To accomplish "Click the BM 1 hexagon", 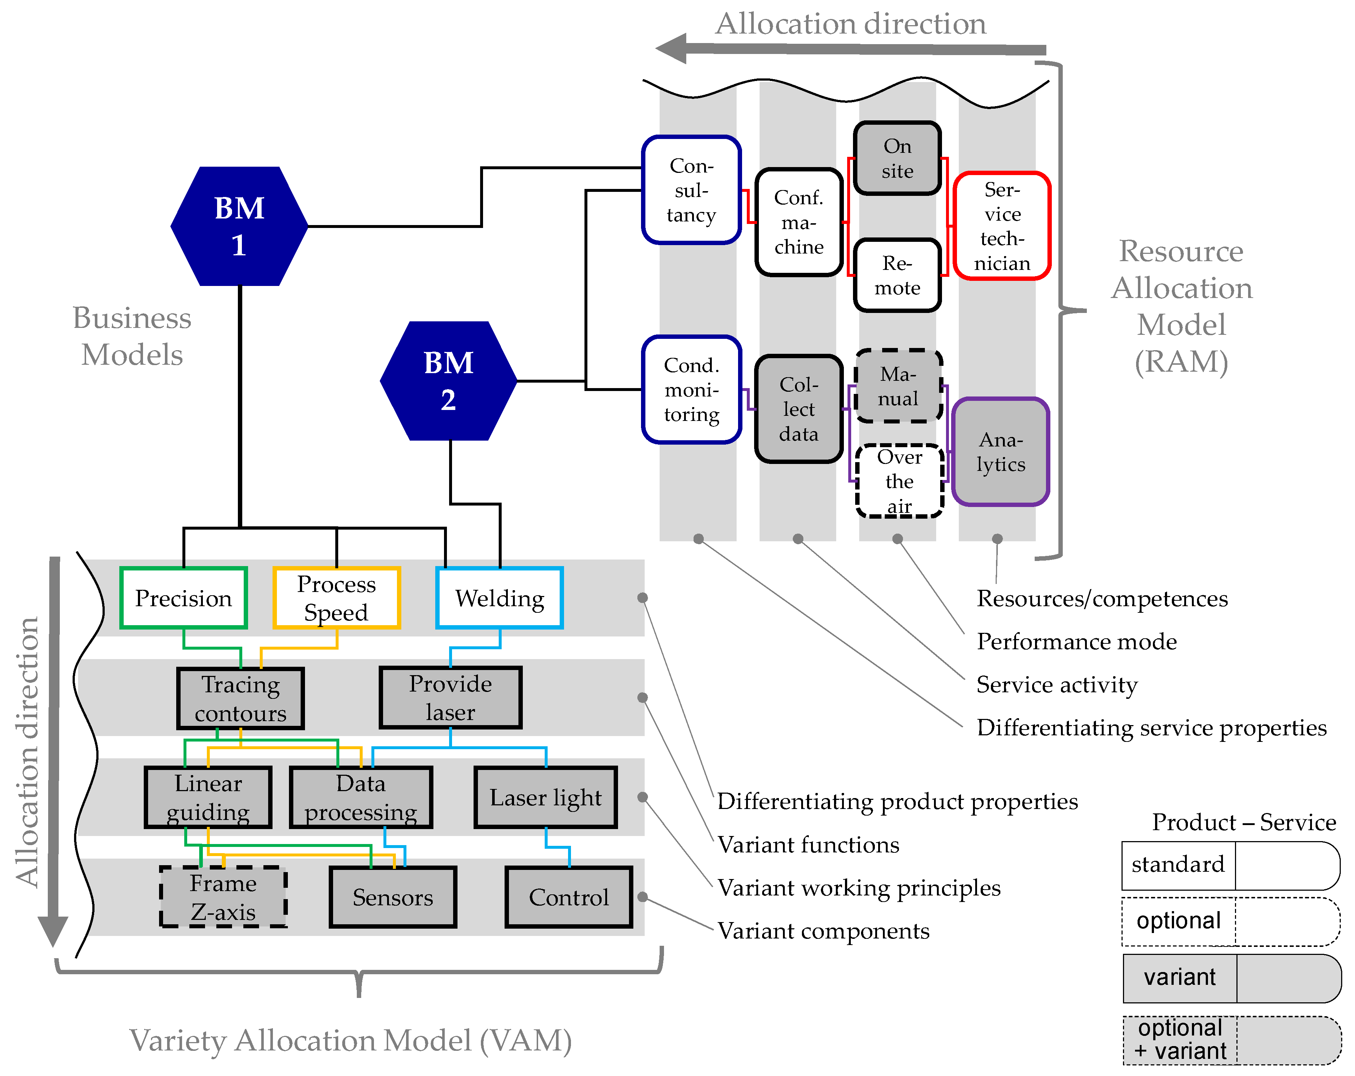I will tap(239, 226).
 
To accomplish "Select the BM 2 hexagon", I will tap(448, 381).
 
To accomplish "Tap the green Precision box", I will tap(184, 598).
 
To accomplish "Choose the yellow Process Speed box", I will tap(336, 598).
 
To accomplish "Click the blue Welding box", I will tap(499, 598).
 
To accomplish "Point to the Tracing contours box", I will tap(241, 698).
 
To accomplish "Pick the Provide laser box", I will tap(451, 698).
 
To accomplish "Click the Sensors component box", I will tap(393, 897).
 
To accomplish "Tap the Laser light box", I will tap(545, 798).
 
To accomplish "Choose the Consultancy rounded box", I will tap(691, 190).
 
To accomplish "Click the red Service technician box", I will tap(1002, 226).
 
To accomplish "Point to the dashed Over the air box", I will tap(899, 481).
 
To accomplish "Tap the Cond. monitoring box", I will tap(691, 390).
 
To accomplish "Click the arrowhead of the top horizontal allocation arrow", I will tap(671, 49).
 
